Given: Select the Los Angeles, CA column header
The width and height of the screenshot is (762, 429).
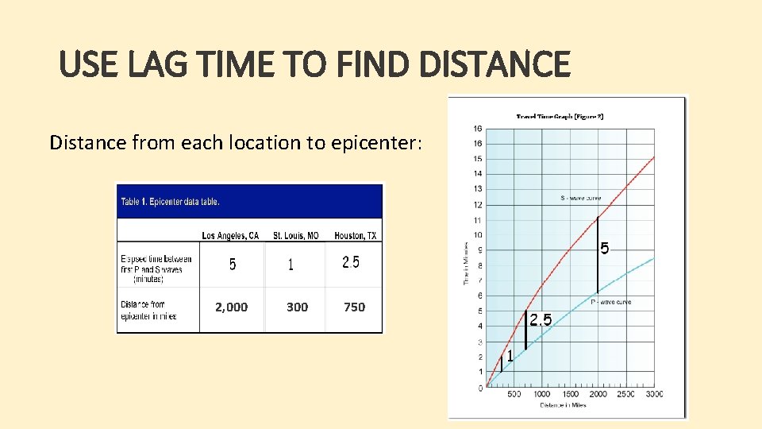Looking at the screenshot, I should (x=230, y=235).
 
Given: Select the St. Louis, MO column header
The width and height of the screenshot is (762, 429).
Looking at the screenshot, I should (x=295, y=235).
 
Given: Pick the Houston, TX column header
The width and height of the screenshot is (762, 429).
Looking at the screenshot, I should (x=356, y=235).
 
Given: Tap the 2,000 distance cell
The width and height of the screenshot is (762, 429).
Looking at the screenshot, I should (x=231, y=307).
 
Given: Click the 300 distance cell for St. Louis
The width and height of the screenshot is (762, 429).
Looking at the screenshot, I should (x=297, y=307).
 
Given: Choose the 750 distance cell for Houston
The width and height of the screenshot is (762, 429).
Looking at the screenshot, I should (x=354, y=307).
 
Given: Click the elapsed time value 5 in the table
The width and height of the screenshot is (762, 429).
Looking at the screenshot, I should (x=232, y=265).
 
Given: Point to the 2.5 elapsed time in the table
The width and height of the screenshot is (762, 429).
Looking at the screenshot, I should (x=351, y=262).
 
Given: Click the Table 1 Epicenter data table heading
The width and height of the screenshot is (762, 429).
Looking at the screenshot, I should (x=170, y=201).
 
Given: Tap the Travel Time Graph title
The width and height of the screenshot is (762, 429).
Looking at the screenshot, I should (x=560, y=117).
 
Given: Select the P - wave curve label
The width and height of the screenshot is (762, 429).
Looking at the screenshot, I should (x=611, y=302).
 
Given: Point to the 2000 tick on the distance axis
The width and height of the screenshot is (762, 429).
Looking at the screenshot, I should (x=598, y=395).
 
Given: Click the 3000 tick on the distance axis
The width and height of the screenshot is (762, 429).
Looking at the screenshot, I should (x=654, y=395).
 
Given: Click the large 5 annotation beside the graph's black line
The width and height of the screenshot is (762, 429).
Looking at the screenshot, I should (x=605, y=249).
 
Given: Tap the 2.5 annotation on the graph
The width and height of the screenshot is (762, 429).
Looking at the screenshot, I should (x=541, y=319).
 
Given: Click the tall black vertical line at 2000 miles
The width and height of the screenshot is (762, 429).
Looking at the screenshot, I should (x=598, y=254).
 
